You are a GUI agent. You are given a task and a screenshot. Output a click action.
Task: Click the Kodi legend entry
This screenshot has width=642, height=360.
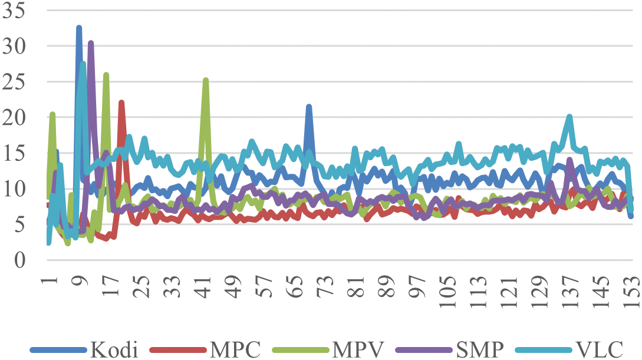[114, 349]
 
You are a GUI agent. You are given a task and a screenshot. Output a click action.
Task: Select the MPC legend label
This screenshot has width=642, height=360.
[234, 349]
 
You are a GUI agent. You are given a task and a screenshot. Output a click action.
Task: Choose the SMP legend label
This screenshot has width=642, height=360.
[480, 349]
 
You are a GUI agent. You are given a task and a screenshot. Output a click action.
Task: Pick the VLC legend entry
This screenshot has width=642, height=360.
[600, 349]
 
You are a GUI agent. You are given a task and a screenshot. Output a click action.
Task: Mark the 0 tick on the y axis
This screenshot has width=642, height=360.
[21, 260]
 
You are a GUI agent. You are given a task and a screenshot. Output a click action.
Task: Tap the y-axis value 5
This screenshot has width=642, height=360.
[21, 224]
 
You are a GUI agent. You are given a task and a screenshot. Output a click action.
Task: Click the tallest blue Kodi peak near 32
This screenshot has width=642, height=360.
[79, 28]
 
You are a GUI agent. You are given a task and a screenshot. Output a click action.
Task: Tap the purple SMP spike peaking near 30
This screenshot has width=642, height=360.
[91, 43]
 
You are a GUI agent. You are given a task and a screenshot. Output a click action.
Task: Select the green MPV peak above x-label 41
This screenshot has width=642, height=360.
[206, 80]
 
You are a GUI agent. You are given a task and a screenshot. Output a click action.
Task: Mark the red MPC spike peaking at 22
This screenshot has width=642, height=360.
[121, 103]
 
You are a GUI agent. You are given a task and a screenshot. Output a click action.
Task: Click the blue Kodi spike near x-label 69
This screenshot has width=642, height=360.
[308, 107]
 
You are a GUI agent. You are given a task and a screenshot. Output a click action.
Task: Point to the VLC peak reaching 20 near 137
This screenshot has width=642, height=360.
[569, 117]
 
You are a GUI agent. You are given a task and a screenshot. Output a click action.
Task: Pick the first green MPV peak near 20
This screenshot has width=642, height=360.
[52, 114]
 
